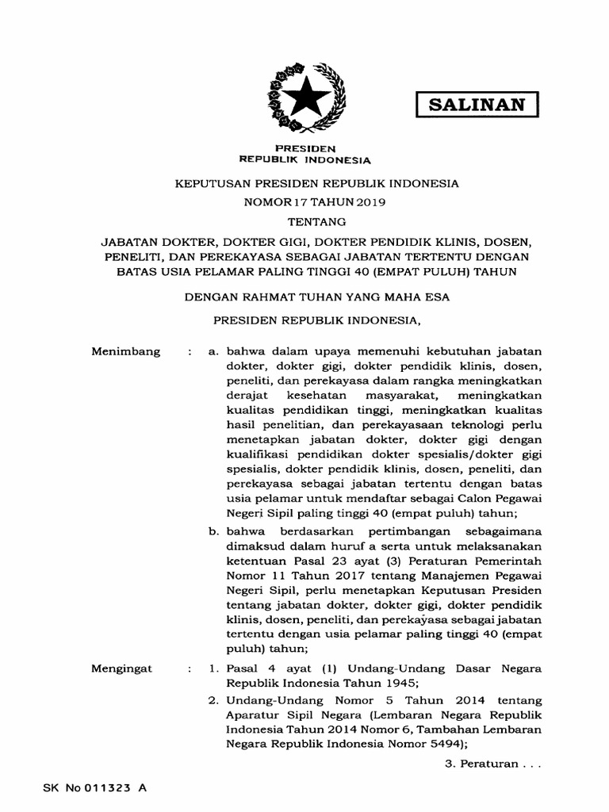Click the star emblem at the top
point(305,99)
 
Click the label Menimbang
point(126,350)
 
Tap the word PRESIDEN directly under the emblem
point(304,148)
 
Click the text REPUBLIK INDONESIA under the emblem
point(304,159)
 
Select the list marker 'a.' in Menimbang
point(213,350)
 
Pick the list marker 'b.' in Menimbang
point(213,530)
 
